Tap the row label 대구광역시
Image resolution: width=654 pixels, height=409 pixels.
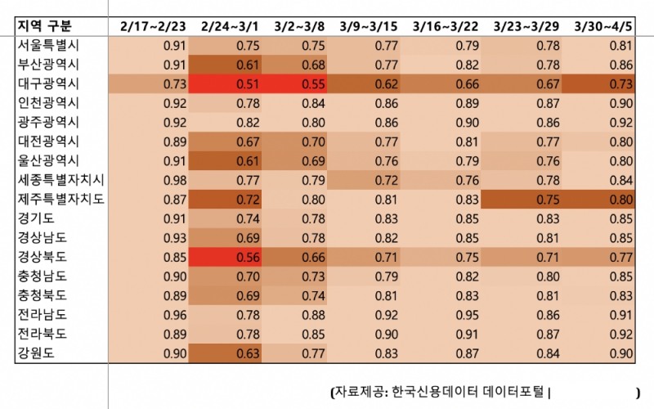click(48, 84)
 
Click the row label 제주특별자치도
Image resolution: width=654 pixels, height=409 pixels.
click(60, 199)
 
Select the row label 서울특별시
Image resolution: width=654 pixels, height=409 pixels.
click(48, 46)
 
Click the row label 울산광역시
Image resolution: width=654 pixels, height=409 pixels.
click(48, 160)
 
